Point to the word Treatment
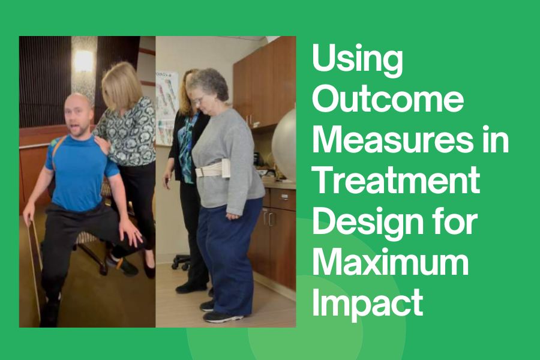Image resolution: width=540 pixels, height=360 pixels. pyautogui.click(x=396, y=181)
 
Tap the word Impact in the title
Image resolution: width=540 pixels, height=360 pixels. pyautogui.click(x=368, y=303)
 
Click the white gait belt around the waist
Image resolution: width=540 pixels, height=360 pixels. pyautogui.click(x=214, y=169)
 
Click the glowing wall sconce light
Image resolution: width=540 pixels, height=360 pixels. pyautogui.click(x=83, y=61)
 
